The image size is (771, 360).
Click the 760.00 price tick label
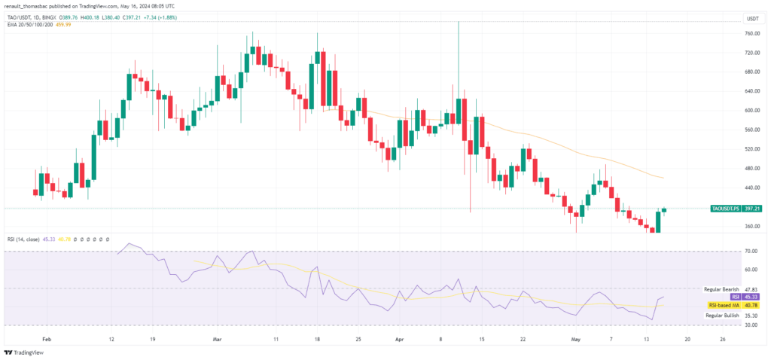click(751, 34)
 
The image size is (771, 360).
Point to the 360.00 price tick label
click(751, 226)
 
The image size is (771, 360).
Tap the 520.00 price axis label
click(751, 149)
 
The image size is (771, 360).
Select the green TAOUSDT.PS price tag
click(735, 208)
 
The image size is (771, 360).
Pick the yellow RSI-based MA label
click(724, 306)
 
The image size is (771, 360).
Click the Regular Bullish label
click(721, 316)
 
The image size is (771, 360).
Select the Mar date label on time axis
click(217, 340)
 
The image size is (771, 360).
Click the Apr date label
click(400, 340)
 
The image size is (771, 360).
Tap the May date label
click(576, 340)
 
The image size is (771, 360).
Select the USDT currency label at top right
click(751, 17)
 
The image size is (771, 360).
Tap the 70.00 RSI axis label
click(751, 251)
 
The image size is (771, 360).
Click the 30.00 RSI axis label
click(751, 325)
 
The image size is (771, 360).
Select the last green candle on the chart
click(664, 210)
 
